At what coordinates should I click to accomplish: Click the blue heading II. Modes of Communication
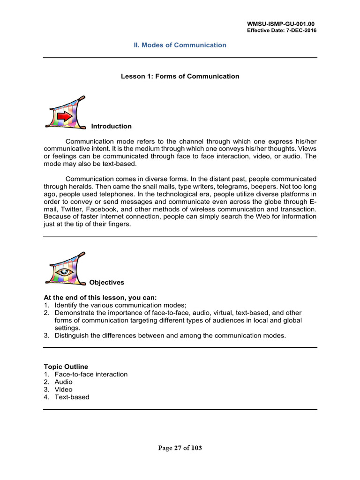180,45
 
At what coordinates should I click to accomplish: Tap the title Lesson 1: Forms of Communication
180,76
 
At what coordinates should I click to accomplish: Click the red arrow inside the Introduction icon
65,116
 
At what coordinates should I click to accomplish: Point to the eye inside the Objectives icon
63,272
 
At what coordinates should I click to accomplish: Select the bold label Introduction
111,126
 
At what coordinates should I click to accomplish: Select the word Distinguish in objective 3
71,336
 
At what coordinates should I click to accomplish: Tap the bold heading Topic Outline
66,367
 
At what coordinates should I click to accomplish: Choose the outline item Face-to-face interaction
91,374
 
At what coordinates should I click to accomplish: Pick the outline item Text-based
72,397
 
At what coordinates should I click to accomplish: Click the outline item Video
63,390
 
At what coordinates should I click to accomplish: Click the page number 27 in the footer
178,448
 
